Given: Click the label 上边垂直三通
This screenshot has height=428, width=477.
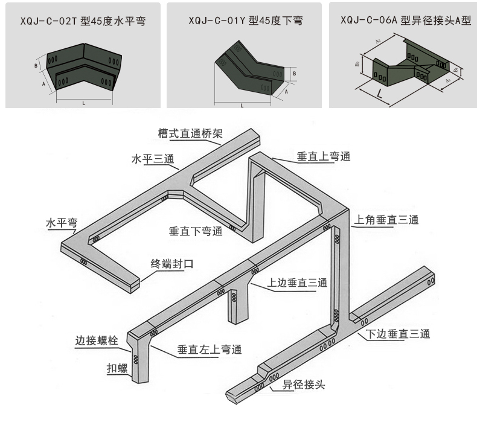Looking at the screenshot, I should [297, 283].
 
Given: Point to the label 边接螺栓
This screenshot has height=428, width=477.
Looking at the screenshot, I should [95, 340].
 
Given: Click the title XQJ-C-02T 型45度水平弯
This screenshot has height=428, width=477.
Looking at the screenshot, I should [83, 21].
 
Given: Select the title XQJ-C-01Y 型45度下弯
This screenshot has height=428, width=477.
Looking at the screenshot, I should [245, 21].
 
